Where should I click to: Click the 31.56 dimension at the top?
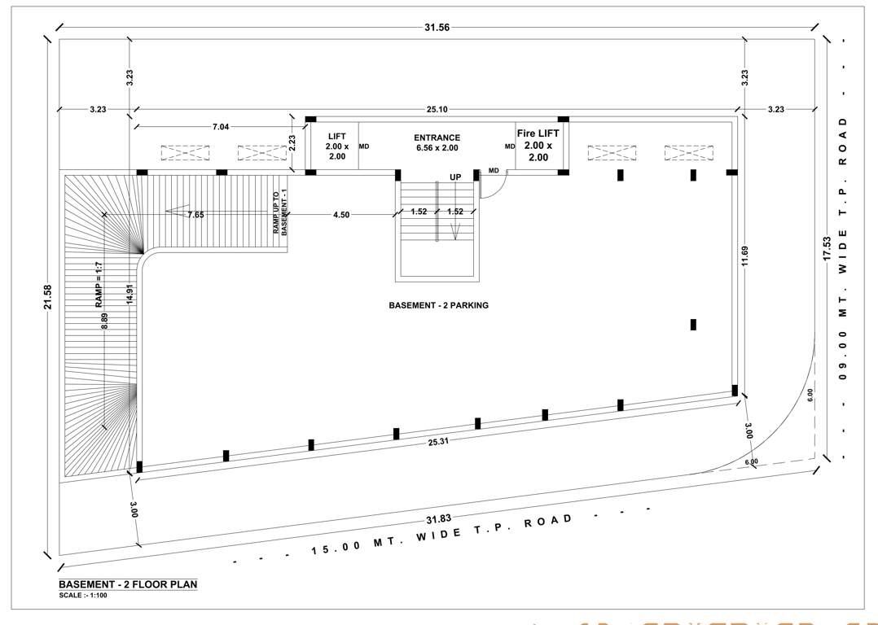point(437,28)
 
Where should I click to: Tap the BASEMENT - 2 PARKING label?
point(438,305)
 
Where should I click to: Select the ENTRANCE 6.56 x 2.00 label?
point(437,143)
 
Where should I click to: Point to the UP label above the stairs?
point(455,177)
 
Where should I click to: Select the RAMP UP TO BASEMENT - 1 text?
point(281,215)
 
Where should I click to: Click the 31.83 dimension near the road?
point(437,518)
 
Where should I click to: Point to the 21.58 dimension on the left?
point(48,296)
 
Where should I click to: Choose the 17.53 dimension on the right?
point(827,248)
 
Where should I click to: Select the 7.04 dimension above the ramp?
point(220,126)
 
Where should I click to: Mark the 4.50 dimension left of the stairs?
point(340,215)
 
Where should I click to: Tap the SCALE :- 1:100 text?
point(83,595)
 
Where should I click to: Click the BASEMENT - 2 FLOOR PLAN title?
point(128,583)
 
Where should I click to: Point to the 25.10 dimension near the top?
point(437,109)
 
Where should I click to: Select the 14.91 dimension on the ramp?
point(130,294)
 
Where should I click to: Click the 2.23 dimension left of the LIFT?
point(292,143)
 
